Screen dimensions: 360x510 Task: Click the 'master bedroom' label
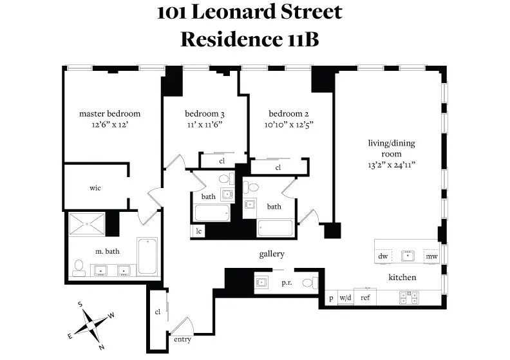(x=109, y=113)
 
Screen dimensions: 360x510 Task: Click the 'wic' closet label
(x=95, y=188)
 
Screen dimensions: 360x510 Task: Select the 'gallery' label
(x=272, y=254)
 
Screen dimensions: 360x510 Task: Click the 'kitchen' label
(x=402, y=278)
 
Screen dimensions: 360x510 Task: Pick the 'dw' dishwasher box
(x=383, y=256)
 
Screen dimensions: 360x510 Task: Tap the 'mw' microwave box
(x=431, y=256)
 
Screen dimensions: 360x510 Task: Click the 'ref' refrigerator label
(x=365, y=298)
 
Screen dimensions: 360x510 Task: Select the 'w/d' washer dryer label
(x=346, y=298)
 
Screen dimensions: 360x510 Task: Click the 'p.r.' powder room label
(x=287, y=282)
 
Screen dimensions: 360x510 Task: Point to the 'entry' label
(x=182, y=339)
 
